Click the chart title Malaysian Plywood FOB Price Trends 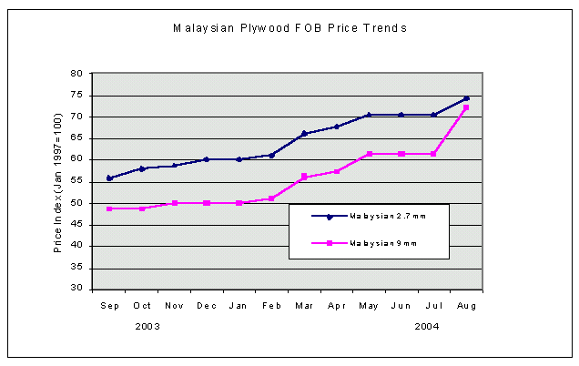point(289,28)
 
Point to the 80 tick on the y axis point(76,74)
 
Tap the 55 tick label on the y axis point(76,181)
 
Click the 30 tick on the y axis point(76,289)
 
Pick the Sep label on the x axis point(110,306)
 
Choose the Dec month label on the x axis point(207,306)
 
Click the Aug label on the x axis point(466,306)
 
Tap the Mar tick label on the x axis point(304,306)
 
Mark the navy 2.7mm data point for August point(466,98)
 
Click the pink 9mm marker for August point(466,108)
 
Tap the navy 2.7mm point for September point(110,178)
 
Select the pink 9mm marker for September point(110,208)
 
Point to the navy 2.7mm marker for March point(304,134)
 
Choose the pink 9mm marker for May point(369,154)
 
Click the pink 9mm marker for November point(175,203)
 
